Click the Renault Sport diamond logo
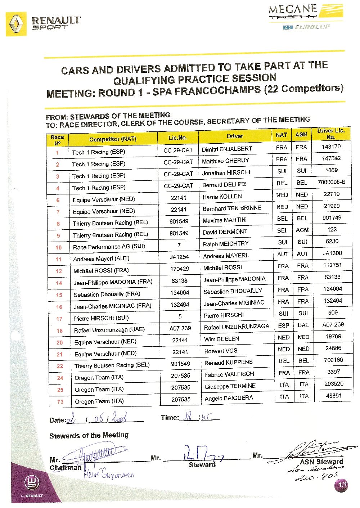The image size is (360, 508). (16, 24)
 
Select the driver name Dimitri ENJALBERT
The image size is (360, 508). (227, 149)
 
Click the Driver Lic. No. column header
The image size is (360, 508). (330, 134)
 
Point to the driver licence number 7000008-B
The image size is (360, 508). (331, 182)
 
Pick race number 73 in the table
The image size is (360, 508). (60, 402)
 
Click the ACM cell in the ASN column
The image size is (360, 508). (302, 230)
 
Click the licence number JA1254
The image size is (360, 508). (179, 257)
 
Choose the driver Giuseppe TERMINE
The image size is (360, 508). (230, 386)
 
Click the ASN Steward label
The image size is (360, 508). (321, 462)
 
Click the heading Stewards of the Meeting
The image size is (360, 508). (89, 435)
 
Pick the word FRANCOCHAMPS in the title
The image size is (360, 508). (206, 91)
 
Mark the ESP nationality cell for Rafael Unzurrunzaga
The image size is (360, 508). (284, 325)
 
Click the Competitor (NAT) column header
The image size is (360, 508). (113, 139)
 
